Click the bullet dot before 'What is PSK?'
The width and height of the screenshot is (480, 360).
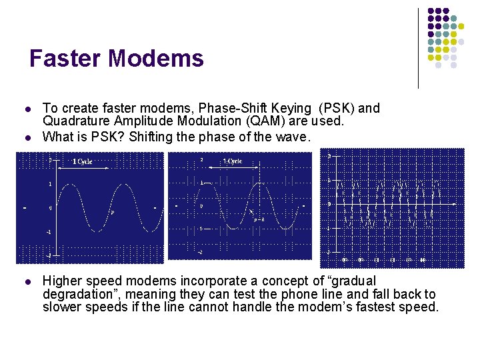click(x=25, y=137)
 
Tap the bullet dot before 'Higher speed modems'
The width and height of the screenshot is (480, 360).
click(x=25, y=281)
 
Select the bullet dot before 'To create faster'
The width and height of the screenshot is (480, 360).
click(x=25, y=108)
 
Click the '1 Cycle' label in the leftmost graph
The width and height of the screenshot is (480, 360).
click(x=83, y=161)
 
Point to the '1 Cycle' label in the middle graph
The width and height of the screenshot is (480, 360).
click(x=233, y=161)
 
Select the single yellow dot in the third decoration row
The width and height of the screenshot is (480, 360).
click(x=454, y=33)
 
